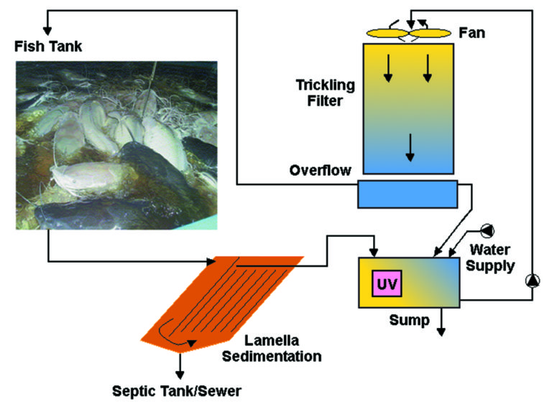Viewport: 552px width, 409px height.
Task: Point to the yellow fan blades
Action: [x=407, y=33]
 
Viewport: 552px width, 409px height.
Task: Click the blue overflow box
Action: [x=407, y=194]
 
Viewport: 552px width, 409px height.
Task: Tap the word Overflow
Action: [x=320, y=171]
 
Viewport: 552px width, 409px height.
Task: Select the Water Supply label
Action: [x=492, y=258]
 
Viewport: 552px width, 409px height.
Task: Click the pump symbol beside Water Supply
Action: [x=488, y=230]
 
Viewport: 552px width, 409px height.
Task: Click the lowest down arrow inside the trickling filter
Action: [x=410, y=148]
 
